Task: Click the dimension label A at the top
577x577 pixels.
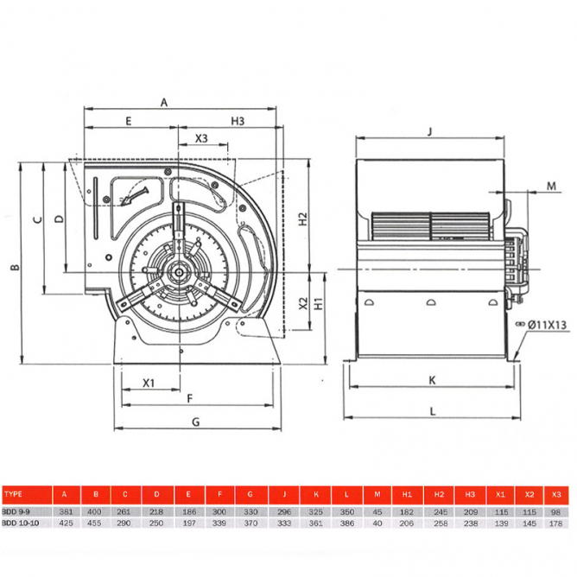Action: tap(164, 102)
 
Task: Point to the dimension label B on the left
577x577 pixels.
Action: tap(14, 268)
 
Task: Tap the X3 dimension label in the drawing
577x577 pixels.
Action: tap(201, 138)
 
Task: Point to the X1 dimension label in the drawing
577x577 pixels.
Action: tap(149, 382)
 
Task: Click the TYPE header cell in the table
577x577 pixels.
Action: tap(16, 495)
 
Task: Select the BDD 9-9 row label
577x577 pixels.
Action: tap(18, 511)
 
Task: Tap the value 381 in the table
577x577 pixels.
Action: tap(63, 511)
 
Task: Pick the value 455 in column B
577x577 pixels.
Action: tap(95, 523)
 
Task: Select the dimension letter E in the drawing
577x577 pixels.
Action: tap(128, 122)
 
